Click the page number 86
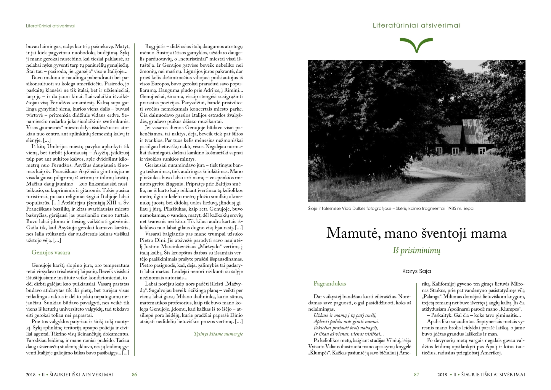pos(134,375)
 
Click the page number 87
pos(416,375)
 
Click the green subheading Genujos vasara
pos(51,253)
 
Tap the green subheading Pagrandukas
pos(330,284)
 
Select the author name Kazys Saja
pos(416,271)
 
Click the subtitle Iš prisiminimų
pos(416,251)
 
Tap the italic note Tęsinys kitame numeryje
pos(218,334)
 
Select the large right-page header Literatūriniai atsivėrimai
pos(416,25)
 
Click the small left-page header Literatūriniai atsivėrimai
pos(50,26)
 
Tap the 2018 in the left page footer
pos(31,375)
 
